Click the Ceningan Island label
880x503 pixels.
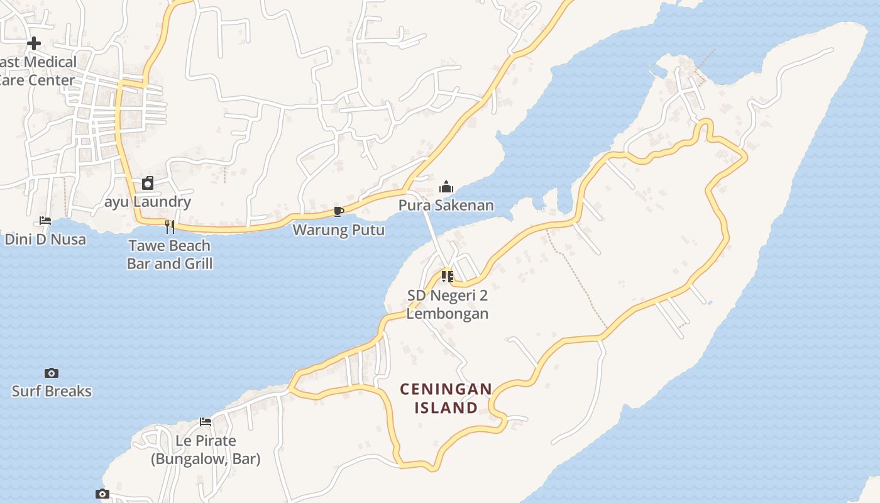click(446, 398)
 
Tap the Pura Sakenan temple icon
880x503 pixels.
click(446, 187)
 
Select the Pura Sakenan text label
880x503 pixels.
click(446, 205)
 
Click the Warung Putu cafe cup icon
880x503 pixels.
click(339, 211)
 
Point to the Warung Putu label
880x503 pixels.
click(338, 229)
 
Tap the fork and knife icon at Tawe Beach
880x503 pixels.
click(170, 226)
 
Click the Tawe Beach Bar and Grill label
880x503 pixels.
click(170, 254)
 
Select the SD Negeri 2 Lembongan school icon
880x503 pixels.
click(448, 277)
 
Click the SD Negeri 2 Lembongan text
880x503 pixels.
click(447, 304)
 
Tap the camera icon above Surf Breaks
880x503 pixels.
click(52, 373)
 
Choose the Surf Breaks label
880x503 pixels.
click(52, 391)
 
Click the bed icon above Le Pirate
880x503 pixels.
click(206, 422)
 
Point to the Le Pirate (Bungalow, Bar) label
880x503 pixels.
click(206, 450)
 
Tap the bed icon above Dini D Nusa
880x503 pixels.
click(45, 221)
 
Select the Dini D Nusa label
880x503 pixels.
click(45, 239)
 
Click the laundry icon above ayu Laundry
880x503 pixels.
click(148, 183)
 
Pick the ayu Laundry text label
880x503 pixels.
click(148, 202)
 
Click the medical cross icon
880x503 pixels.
click(34, 43)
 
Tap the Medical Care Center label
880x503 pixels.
click(38, 70)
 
